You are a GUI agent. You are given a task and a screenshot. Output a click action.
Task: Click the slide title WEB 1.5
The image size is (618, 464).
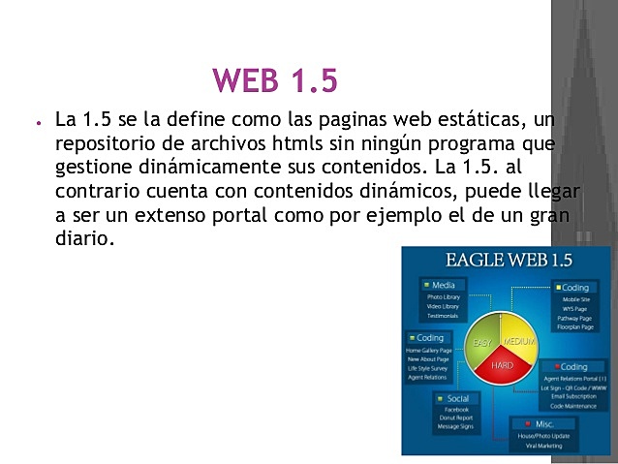coord(274,80)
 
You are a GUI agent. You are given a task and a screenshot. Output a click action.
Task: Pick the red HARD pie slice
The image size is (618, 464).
coord(503,366)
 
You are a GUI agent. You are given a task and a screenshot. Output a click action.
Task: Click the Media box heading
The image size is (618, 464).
coord(445,285)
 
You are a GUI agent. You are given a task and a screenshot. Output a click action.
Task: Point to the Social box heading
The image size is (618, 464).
coord(457,398)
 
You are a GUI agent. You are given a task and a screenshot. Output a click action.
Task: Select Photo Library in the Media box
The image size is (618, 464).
coord(444,296)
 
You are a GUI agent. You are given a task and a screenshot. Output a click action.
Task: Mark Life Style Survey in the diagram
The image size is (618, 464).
coord(427,368)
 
